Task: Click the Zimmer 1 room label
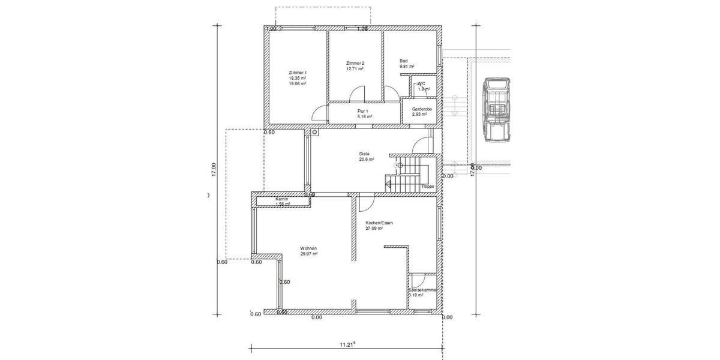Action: point(298,72)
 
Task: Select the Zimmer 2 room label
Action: point(355,63)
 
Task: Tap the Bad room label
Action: point(404,61)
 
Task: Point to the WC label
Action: point(422,83)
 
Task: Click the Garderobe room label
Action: point(422,109)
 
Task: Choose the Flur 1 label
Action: point(362,111)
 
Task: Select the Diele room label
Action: point(364,154)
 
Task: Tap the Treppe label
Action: point(428,187)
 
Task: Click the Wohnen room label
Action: point(309,248)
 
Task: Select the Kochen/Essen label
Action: point(379,223)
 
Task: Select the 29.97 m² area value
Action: point(309,254)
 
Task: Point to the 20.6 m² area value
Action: point(367,160)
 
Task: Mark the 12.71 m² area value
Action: point(355,69)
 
